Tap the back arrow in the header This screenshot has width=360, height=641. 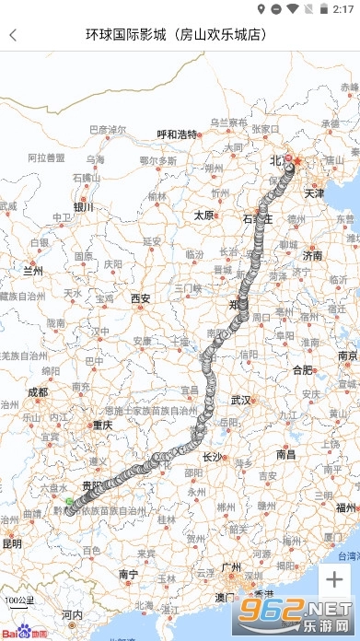pyautogui.click(x=13, y=35)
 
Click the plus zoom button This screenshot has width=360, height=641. pyautogui.click(x=333, y=579)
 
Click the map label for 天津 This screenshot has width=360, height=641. pyautogui.click(x=314, y=193)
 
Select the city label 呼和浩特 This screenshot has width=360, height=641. pyautogui.click(x=177, y=134)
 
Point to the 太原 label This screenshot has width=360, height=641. pyautogui.click(x=203, y=215)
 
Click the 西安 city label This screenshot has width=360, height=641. pyautogui.click(x=140, y=297)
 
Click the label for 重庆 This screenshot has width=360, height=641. pyautogui.click(x=101, y=425)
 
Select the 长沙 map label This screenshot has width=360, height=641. pyautogui.click(x=212, y=456)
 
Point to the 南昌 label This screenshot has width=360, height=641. pyautogui.click(x=285, y=453)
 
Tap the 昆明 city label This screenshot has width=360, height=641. pyautogui.click(x=11, y=543)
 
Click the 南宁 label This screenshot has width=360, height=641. pyautogui.click(x=128, y=574)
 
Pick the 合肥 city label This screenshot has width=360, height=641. pyautogui.click(x=302, y=369)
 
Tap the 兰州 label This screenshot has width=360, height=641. pyautogui.click(x=33, y=271)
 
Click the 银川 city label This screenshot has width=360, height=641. pyautogui.click(x=84, y=207)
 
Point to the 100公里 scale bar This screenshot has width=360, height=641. pyautogui.click(x=17, y=603)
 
